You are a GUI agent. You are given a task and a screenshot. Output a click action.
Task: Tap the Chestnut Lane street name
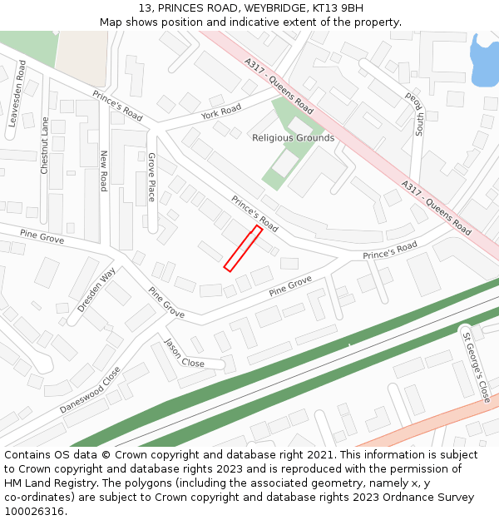tap(45, 146)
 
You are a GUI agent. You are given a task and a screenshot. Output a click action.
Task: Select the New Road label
tap(104, 171)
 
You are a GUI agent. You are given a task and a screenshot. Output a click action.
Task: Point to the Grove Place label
tap(151, 176)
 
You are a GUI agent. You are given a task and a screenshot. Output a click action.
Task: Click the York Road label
tap(220, 111)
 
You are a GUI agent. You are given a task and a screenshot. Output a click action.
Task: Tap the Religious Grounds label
tap(294, 138)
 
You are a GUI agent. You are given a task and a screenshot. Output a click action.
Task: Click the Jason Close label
tap(185, 354)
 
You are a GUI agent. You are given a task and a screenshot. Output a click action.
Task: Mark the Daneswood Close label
tap(90, 390)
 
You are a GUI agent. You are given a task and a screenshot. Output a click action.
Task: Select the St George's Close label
tap(477, 367)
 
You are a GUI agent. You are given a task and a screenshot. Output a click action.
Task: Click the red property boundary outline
tap(243, 248)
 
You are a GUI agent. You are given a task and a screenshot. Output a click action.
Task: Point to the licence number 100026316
tap(34, 512)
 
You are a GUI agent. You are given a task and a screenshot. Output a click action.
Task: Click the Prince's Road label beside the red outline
tap(254, 213)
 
